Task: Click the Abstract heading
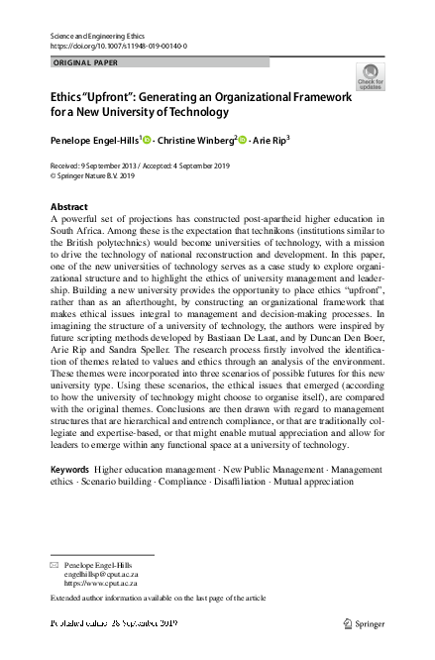(68, 207)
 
